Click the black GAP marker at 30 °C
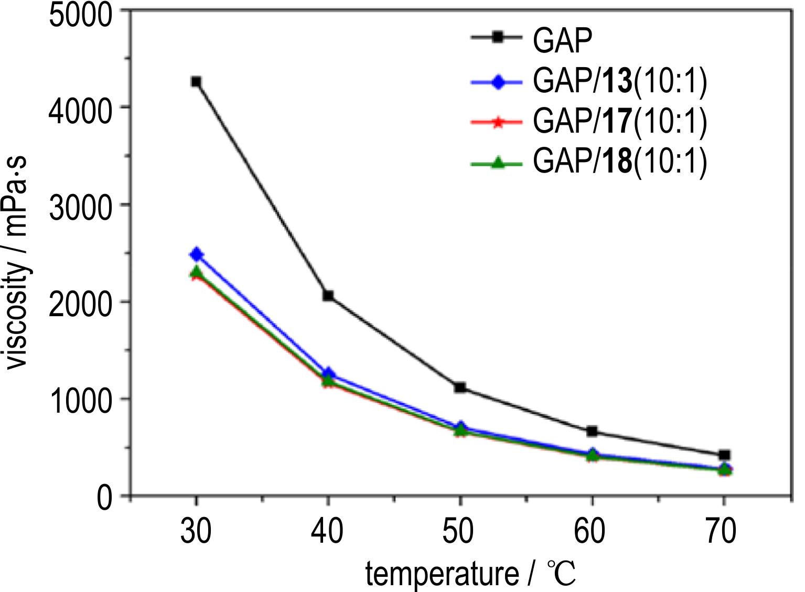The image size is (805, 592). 196,82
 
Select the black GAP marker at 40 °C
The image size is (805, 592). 328,296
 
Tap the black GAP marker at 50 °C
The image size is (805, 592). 460,388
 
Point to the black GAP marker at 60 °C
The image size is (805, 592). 592,432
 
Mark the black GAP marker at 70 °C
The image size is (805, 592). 724,455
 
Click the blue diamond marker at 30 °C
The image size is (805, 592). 196,254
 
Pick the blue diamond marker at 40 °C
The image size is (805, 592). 328,374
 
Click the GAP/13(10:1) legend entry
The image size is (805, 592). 619,82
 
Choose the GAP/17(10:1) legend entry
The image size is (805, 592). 619,122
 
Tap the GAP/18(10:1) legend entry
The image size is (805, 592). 619,162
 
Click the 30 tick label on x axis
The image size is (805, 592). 196,531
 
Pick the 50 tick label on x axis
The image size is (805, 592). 460,531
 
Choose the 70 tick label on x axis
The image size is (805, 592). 724,531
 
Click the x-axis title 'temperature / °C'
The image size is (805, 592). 470,574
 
